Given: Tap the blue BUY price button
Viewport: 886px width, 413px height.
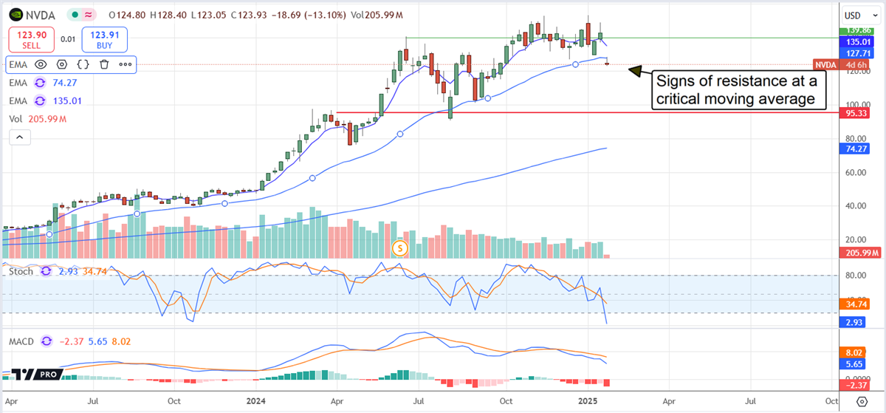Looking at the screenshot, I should tap(106, 39).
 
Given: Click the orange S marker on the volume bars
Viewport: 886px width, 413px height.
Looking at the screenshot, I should tap(399, 248).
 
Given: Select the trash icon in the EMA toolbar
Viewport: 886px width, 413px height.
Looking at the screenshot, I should tap(104, 64).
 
